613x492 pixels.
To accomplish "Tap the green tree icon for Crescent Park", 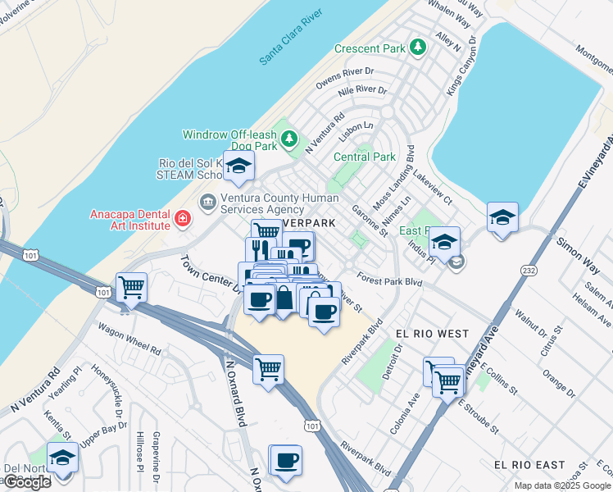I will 418,48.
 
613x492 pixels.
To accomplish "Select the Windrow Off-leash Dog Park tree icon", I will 288,139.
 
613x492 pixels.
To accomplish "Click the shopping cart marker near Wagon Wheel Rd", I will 131,287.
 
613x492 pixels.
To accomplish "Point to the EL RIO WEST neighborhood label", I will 432,334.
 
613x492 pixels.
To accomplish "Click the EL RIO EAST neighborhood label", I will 529,465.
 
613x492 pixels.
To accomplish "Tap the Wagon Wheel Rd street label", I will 129,339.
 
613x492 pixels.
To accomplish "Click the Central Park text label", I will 365,157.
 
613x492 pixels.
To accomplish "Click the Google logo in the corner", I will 27,482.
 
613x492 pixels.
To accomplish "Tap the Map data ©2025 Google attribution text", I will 561,486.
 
